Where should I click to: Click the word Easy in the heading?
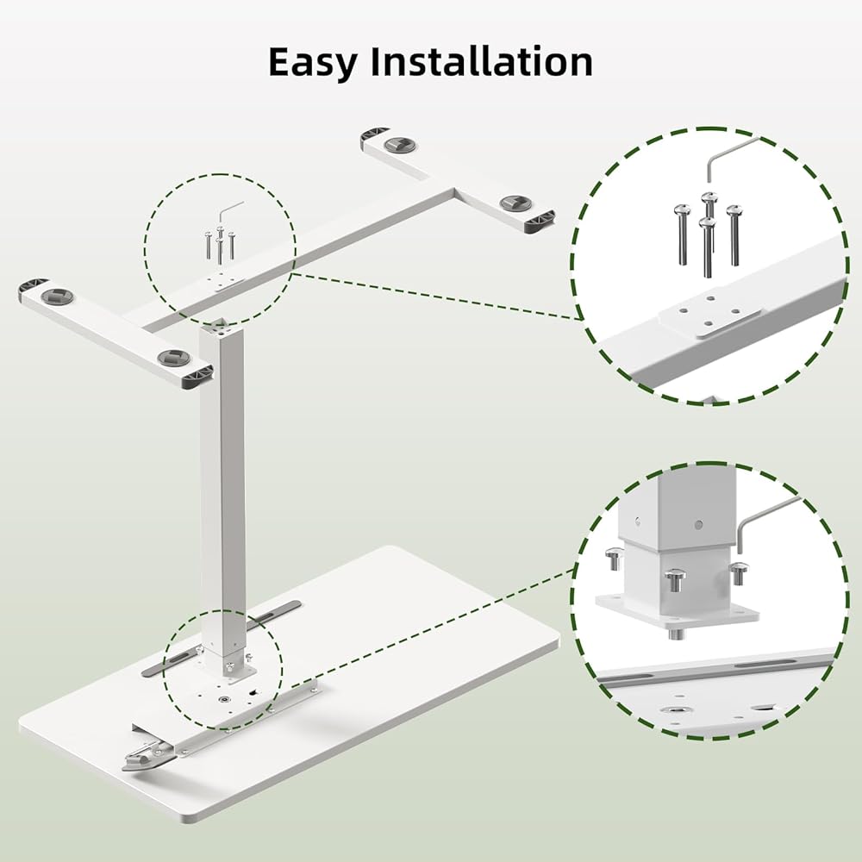(x=312, y=63)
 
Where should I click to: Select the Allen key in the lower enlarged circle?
(x=767, y=523)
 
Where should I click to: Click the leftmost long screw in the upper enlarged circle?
(x=682, y=234)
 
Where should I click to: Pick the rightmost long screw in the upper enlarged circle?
(x=734, y=235)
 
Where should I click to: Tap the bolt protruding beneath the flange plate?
(x=676, y=634)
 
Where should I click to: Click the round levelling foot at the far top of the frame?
(x=400, y=145)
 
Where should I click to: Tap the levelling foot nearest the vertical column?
(x=172, y=358)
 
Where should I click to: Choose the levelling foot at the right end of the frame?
(x=515, y=203)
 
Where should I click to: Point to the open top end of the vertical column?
(x=222, y=329)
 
